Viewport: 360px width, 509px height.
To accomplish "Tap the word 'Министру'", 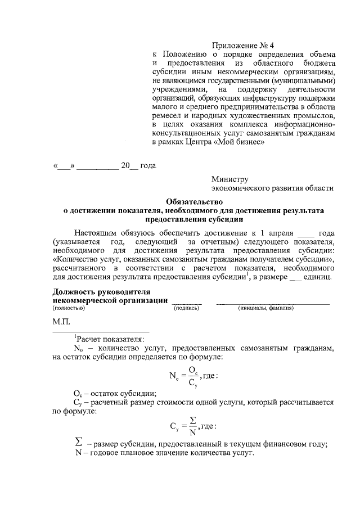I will [229, 179].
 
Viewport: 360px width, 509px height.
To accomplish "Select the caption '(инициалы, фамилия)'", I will [266, 308].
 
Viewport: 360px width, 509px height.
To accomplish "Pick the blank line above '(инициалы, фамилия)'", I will [273, 303].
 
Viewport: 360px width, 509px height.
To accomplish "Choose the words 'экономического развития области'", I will [272, 189].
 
